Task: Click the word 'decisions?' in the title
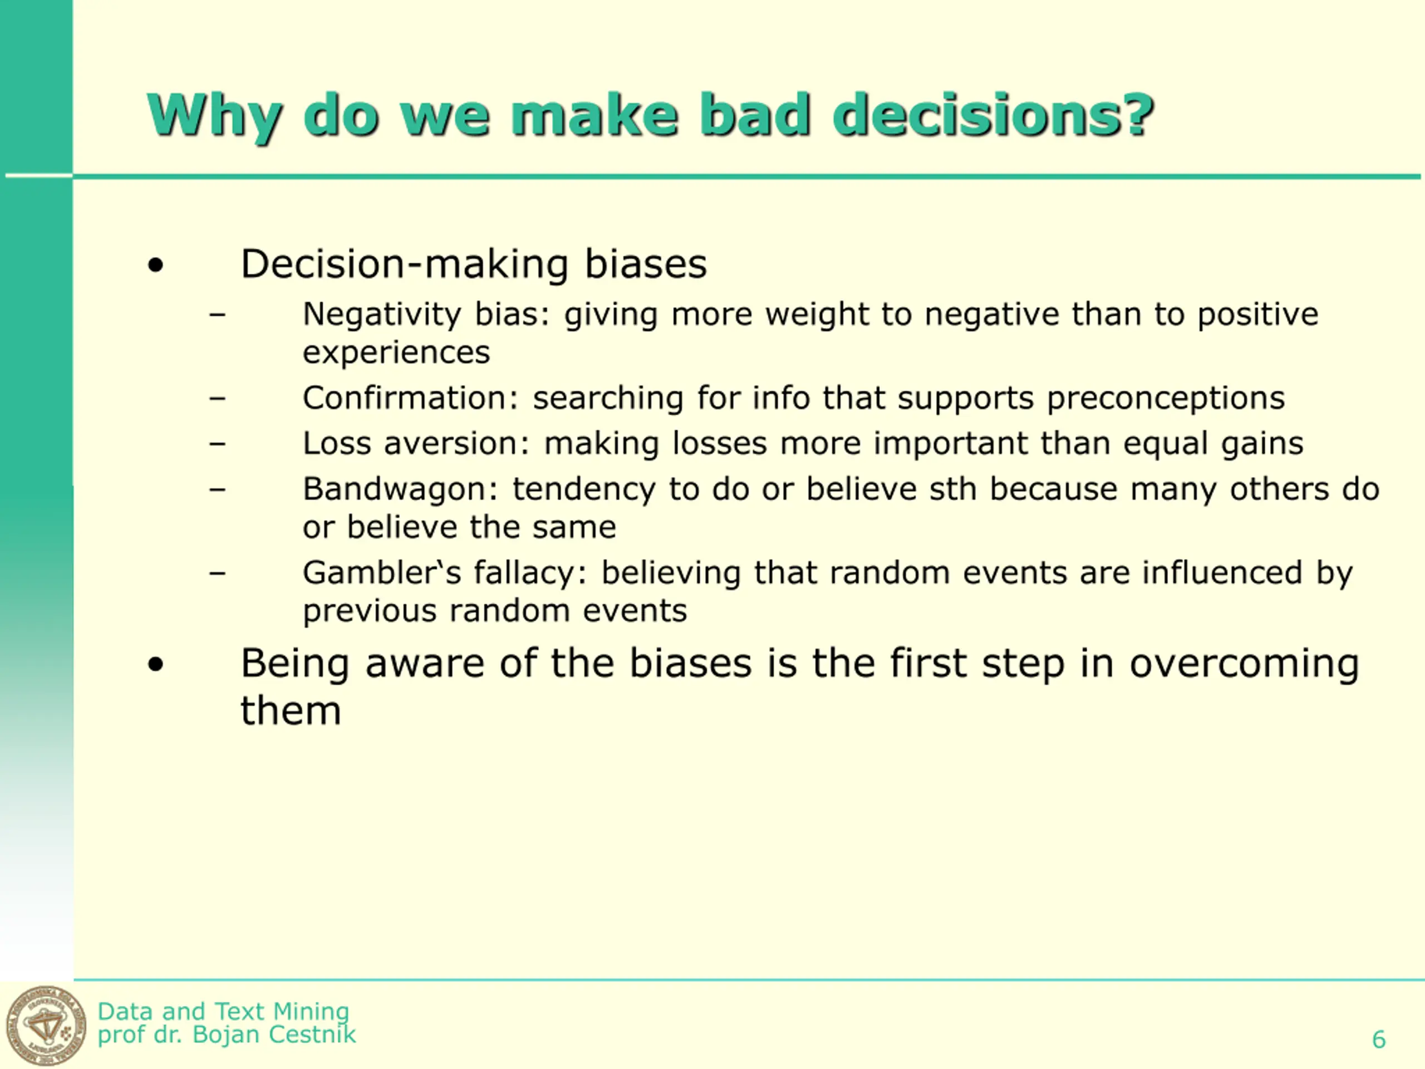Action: click(x=992, y=115)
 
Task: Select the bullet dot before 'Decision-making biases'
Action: click(x=155, y=266)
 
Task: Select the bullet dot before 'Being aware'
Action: click(x=155, y=664)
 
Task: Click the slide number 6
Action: click(x=1379, y=1039)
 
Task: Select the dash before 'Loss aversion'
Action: click(x=218, y=443)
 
